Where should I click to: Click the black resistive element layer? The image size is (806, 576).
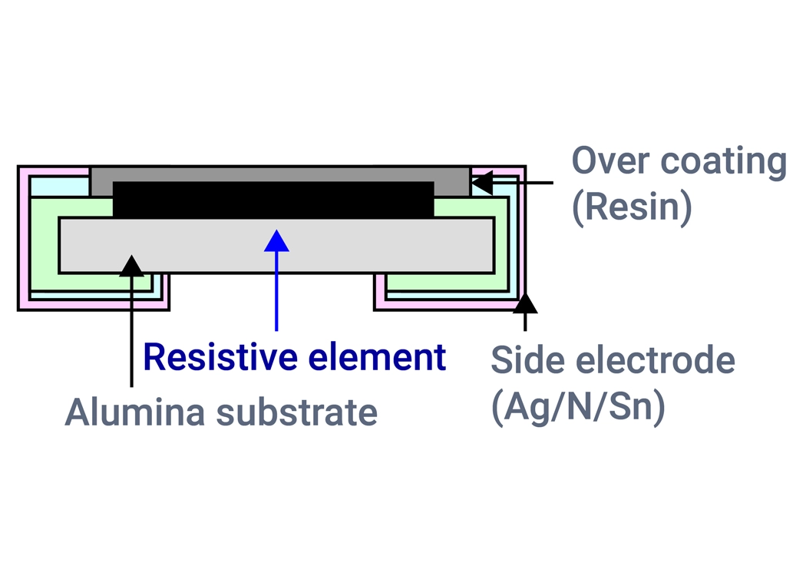pos(273,200)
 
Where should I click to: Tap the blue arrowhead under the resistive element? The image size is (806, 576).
pos(276,241)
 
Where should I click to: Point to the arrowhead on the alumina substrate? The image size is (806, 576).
pos(132,266)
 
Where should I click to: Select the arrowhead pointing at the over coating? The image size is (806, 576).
pos(481,183)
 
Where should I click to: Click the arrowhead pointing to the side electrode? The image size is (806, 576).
pos(525,303)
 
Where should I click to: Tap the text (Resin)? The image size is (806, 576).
pos(632,207)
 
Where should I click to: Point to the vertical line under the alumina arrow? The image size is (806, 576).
pos(132,330)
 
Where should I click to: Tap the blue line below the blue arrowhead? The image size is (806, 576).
pos(276,292)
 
